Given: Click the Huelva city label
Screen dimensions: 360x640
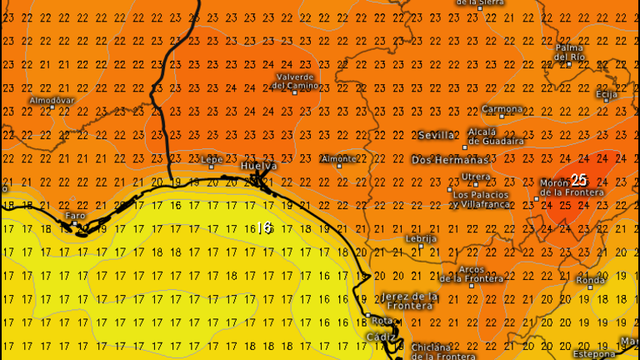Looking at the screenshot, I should point(259,166).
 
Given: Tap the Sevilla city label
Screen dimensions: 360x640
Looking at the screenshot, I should point(437,135).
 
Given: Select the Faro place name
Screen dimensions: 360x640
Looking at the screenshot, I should point(76,215).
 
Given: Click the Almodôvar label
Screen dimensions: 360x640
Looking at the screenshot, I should point(52,100).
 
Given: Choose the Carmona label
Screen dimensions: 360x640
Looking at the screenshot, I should point(503,109).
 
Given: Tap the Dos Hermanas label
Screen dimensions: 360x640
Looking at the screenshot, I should point(450,160).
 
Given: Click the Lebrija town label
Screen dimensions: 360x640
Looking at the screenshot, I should point(421,238).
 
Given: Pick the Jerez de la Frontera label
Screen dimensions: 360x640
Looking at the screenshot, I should point(410,301).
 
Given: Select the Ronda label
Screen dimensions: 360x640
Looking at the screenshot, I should point(591,280).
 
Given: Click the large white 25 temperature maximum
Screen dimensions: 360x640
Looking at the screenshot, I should point(580,180).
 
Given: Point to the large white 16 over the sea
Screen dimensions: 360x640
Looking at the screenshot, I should point(265,227).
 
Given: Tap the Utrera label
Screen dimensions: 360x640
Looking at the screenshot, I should point(476,177).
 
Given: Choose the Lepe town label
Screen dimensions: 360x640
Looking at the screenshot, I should point(212,157).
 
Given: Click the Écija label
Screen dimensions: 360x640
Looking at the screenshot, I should point(607,94).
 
